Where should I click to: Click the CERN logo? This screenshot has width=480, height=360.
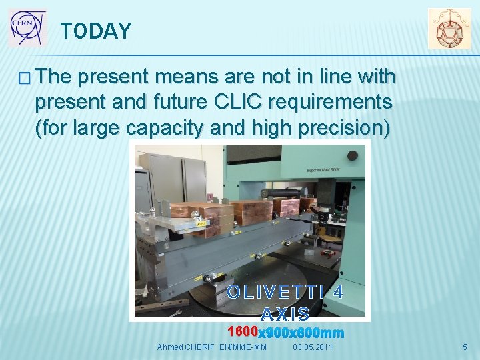(x=27, y=28)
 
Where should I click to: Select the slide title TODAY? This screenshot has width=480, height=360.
(x=96, y=31)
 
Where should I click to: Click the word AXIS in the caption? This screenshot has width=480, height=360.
(x=285, y=313)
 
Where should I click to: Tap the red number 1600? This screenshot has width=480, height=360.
(x=242, y=332)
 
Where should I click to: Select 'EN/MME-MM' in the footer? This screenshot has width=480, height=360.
(x=243, y=347)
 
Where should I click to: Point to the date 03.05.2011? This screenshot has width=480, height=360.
(x=313, y=347)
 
